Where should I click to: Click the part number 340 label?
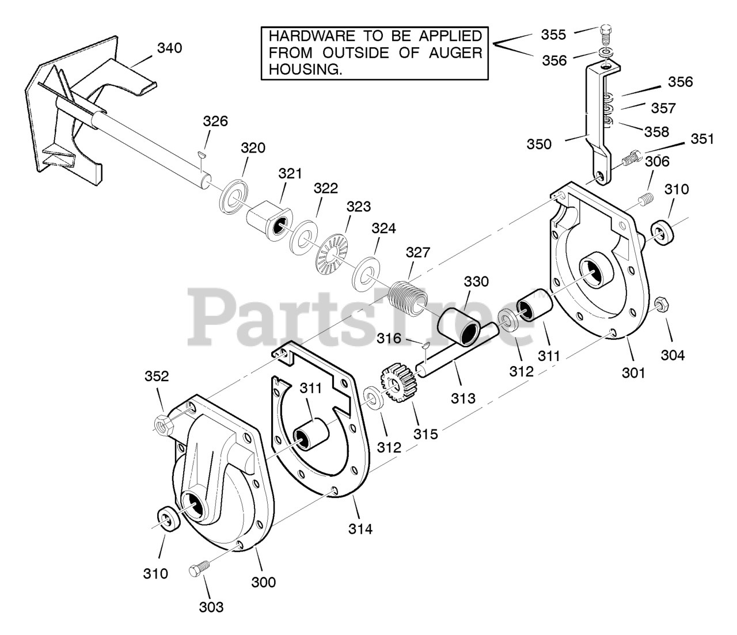pyautogui.click(x=169, y=48)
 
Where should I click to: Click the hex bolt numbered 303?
pyautogui.click(x=196, y=571)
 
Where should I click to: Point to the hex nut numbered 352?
pyautogui.click(x=162, y=424)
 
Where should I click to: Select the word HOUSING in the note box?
pyautogui.click(x=302, y=69)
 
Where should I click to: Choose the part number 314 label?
pyautogui.click(x=360, y=528)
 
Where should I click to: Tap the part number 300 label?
pyautogui.click(x=264, y=581)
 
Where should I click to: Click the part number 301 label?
pyautogui.click(x=633, y=372)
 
